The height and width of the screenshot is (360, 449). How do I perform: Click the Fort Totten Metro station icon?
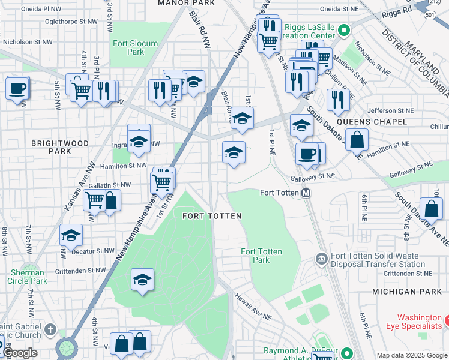coord(306,193)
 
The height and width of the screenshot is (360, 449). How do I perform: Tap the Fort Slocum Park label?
coord(135,47)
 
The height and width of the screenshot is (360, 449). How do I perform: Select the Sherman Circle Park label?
coord(28,277)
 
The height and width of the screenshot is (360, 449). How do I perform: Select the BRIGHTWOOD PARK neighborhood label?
coord(60,148)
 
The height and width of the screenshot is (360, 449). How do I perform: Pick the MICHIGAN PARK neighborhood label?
coord(406,291)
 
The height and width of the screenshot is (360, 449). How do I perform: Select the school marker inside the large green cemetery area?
coord(142,280)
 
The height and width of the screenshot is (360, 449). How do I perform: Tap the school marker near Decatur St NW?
coord(71,236)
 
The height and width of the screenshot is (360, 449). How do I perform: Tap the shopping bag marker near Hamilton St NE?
coord(357,140)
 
